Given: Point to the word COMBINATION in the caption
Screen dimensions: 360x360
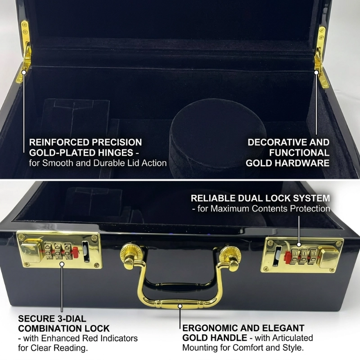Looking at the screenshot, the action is (49, 328).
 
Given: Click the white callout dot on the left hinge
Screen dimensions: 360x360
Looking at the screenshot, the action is (24, 72).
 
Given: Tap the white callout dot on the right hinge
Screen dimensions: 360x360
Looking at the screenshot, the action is (316, 72).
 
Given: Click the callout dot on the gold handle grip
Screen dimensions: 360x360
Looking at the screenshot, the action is (180, 306).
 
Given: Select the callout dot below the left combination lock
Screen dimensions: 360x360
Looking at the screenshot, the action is (62, 264).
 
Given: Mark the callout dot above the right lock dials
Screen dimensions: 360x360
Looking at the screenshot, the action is (299, 245).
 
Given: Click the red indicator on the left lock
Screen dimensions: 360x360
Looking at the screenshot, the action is (75, 252).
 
